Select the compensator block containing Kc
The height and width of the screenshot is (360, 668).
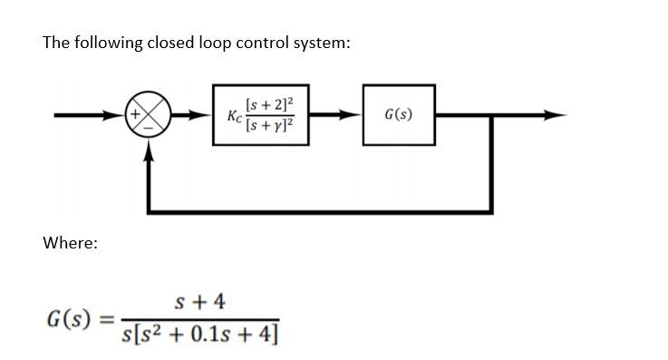pyautogui.click(x=262, y=116)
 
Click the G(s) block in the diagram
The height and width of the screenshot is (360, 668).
pyautogui.click(x=399, y=115)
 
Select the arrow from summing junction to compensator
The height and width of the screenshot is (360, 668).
pyautogui.click(x=197, y=116)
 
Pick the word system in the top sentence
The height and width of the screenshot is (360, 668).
pyautogui.click(x=319, y=44)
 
